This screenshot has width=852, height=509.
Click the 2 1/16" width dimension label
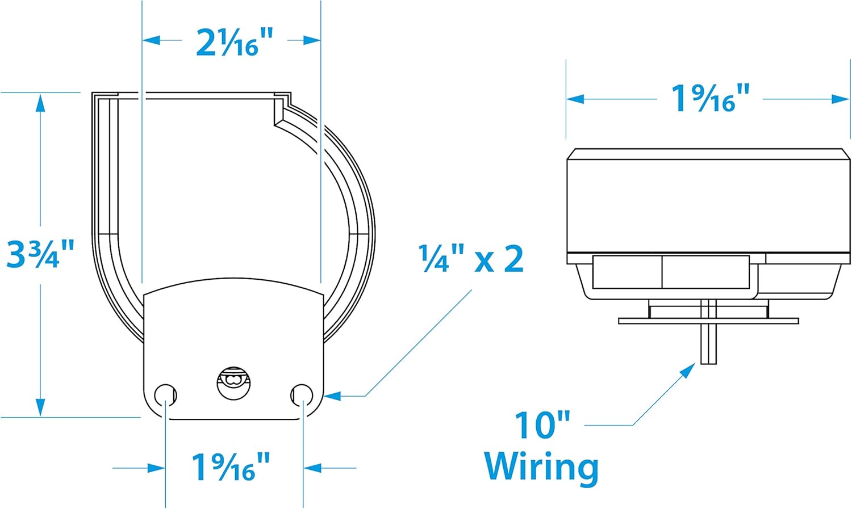pos(235,43)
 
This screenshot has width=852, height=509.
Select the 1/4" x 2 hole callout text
pos(471,258)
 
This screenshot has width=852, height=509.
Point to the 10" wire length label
pos(542,424)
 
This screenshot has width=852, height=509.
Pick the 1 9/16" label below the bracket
pos(231,467)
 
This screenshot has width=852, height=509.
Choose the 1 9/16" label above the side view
pos(710,98)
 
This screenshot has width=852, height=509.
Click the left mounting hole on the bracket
pos(165,395)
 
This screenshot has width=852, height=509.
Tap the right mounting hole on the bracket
pos(302,395)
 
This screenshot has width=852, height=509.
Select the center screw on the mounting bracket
pos(233,383)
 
